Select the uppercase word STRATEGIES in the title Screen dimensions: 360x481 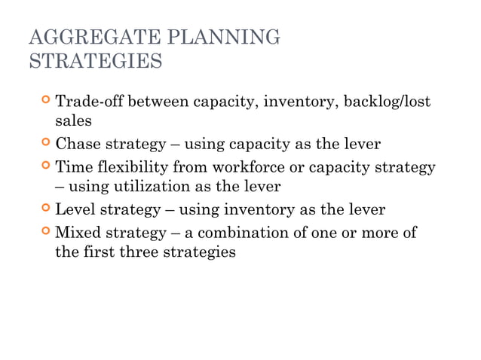tap(95, 60)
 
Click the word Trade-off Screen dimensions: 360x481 tap(89, 101)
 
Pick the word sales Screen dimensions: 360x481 tap(73, 120)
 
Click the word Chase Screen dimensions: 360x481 tap(77, 144)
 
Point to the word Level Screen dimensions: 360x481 tap(75, 210)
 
